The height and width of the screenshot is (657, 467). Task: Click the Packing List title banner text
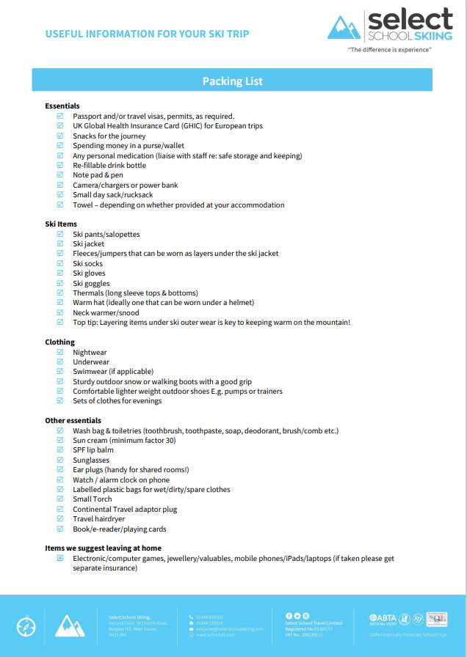pos(232,81)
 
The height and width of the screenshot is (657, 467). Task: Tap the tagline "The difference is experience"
pos(390,50)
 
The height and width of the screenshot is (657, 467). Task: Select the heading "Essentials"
pos(62,106)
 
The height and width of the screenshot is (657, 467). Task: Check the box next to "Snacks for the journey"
pos(60,136)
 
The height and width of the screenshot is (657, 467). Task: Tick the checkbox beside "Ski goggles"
pos(60,283)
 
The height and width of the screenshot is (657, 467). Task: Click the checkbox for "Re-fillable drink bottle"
pos(60,166)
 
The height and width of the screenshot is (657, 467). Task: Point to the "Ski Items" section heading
pos(61,224)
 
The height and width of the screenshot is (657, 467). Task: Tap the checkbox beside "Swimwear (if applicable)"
pos(60,372)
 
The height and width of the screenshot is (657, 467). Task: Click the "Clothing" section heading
pos(59,342)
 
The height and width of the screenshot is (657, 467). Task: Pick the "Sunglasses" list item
pos(91,460)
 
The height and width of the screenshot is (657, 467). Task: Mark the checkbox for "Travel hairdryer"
pos(60,519)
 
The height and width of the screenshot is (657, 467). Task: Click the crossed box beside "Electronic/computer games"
pos(60,558)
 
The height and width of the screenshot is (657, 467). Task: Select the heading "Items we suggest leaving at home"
pos(103,548)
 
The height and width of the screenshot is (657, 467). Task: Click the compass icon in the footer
pos(26,627)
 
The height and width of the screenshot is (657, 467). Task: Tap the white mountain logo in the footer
pos(70,626)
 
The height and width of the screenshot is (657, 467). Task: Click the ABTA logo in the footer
pos(383,618)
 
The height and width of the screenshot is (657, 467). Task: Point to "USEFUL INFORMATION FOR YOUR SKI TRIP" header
pos(147,34)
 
